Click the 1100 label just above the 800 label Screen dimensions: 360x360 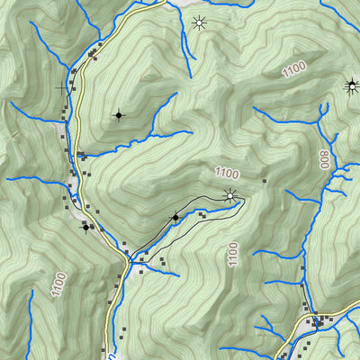pos(293,68)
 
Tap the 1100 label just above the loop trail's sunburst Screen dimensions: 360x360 pos(229,173)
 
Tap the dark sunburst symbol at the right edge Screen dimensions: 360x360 pos(352,86)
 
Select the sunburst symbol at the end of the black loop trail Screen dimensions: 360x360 pos(231,197)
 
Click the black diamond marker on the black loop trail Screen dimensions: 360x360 pos(175,217)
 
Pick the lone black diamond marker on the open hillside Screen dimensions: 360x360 pos(117,115)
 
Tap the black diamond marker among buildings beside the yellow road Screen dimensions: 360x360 pos(86,227)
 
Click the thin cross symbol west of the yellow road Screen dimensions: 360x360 pos(63,88)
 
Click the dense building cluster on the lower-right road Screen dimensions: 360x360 pos(317,321)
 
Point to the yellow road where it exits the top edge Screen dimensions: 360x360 pos(162,3)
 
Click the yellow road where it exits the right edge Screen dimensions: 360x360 pos(356,307)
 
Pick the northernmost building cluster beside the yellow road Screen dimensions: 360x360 pos(94,54)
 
